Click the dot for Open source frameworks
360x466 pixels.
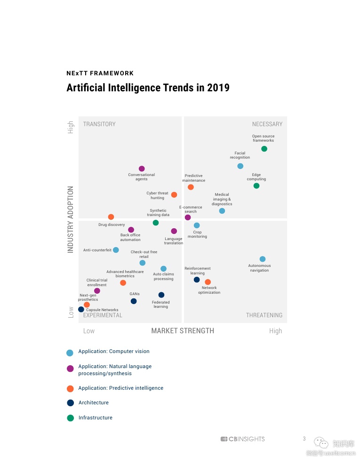264,149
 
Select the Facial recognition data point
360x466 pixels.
240,166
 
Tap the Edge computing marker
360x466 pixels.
256,186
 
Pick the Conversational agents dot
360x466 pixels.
142,169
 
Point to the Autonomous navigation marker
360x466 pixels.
263,259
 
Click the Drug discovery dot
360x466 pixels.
111,217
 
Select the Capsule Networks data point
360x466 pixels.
81,309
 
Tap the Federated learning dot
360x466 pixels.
161,295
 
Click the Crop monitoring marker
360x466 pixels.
197,225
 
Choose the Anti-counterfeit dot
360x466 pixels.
116,250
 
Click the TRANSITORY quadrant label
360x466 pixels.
99,124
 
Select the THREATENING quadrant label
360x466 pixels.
264,315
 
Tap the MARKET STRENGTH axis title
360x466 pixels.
183,331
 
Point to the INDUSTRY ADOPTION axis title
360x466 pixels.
71,219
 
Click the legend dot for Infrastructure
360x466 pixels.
70,418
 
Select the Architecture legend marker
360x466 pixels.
70,402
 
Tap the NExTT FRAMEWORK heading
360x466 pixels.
100,73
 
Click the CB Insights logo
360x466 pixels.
242,439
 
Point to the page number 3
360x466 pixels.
304,439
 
